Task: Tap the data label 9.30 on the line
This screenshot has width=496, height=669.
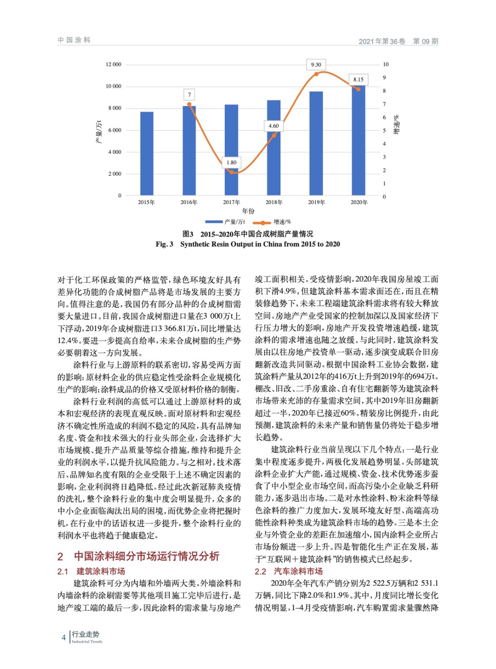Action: pos(316,65)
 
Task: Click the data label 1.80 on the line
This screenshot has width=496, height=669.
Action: pos(231,162)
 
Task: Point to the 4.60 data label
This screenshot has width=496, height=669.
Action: pos(274,126)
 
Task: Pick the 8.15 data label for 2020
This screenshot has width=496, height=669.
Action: pos(358,79)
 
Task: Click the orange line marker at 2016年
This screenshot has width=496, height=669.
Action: pos(189,105)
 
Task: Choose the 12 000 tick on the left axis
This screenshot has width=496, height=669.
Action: pos(113,64)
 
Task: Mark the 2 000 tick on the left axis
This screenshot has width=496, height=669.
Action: pos(114,174)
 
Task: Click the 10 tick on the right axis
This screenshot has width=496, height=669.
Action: pos(385,64)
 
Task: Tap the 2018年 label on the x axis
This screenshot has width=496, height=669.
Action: pos(274,202)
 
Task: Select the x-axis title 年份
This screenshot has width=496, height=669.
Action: pos(248,211)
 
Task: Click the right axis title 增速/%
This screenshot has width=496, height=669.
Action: pos(396,125)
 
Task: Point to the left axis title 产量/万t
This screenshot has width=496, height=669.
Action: pos(99,131)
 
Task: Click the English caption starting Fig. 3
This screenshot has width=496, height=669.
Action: pos(248,244)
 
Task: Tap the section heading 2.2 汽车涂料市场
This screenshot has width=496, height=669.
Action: pos(289,571)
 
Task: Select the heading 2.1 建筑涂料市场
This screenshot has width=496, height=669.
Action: pos(91,571)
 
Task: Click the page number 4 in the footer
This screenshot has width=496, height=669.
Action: pos(64,637)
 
